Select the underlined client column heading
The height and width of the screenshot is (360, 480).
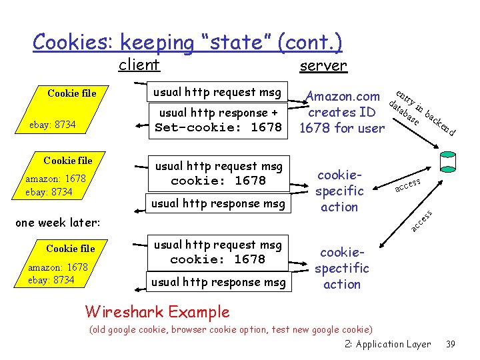tap(139, 65)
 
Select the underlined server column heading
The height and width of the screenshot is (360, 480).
tap(323, 65)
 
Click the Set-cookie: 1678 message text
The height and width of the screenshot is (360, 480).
tap(218, 127)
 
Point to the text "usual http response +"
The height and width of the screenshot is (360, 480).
tap(218, 113)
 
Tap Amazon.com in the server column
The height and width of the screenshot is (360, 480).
tap(342, 97)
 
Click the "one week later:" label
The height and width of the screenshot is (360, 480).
tap(57, 223)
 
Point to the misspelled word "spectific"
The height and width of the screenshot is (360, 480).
tap(341, 268)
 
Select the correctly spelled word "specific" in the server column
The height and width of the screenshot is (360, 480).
tap(339, 191)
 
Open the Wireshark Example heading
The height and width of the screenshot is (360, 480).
tap(157, 311)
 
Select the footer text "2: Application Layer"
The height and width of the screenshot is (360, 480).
tap(388, 344)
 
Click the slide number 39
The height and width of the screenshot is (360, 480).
tap(450, 344)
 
